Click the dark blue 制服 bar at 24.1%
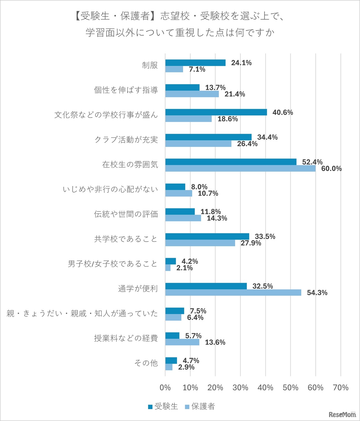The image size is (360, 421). [x=195, y=63]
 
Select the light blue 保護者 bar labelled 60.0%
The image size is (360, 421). [x=240, y=169]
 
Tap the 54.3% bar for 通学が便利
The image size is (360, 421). [x=233, y=293]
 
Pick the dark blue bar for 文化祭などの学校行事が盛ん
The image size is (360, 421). [x=216, y=112]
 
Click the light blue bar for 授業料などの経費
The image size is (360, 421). [x=182, y=342]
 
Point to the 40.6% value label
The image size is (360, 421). [x=282, y=113]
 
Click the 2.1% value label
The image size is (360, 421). [x=184, y=268]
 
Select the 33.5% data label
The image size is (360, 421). [x=265, y=236]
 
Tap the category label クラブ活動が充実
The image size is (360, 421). [x=126, y=140]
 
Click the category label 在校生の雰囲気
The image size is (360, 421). [x=130, y=165]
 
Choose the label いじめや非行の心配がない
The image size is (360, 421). [x=110, y=189]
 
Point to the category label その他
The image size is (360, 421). [x=146, y=363]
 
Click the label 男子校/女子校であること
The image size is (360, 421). [x=112, y=264]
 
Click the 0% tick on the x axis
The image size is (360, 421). [x=165, y=388]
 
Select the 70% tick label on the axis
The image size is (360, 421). [x=341, y=388]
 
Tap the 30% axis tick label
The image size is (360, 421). [x=240, y=388]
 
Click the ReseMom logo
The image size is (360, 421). [x=342, y=415]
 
